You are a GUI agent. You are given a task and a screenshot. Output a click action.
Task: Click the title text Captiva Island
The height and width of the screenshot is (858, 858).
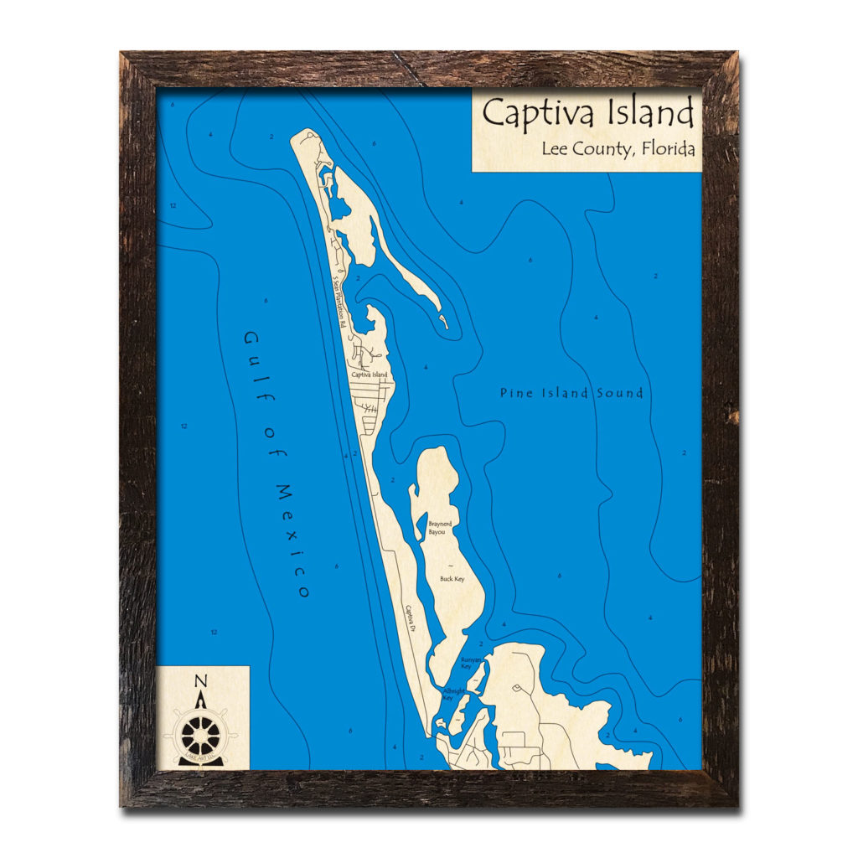587,113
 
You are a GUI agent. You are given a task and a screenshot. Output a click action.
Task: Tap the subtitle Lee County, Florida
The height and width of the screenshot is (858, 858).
618,150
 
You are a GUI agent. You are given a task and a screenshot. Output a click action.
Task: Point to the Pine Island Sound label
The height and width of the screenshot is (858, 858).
571,392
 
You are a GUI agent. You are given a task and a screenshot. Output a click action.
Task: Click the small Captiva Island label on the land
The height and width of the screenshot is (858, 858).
370,375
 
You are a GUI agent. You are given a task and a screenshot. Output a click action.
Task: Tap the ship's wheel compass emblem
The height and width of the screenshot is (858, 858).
201,735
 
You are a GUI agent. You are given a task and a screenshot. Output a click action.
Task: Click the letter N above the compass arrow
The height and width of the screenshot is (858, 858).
200,680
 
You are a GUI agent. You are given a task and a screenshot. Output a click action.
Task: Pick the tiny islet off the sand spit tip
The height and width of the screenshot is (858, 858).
445,322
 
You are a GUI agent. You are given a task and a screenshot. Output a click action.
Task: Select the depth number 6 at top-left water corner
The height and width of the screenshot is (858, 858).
172,105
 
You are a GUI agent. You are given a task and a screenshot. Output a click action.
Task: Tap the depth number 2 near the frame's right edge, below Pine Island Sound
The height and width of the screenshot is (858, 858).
685,452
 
